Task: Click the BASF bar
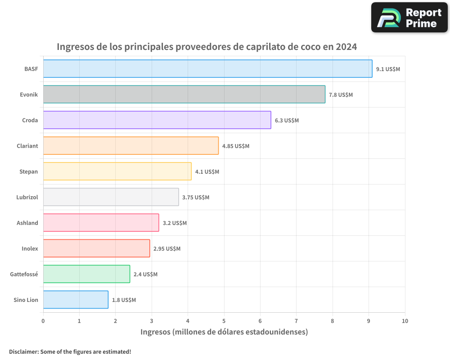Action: (x=207, y=69)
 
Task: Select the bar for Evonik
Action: (x=184, y=94)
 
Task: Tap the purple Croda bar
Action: (x=157, y=120)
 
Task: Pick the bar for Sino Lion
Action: (x=76, y=300)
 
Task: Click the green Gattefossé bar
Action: (x=86, y=274)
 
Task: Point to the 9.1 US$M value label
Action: (x=388, y=69)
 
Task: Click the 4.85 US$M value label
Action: (x=235, y=146)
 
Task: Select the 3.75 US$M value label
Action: (x=196, y=198)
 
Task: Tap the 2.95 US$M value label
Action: (x=167, y=249)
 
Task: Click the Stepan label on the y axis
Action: (x=29, y=172)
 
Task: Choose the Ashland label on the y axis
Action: (x=27, y=223)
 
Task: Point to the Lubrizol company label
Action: (x=27, y=198)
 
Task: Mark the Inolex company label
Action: (x=30, y=249)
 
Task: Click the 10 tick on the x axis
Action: (x=405, y=321)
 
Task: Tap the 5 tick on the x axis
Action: (x=224, y=321)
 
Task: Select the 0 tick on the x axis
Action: (x=43, y=321)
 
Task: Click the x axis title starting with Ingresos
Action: (x=224, y=332)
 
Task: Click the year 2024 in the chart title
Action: (x=345, y=47)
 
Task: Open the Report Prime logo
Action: (x=409, y=17)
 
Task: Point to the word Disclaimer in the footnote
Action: (x=23, y=351)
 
